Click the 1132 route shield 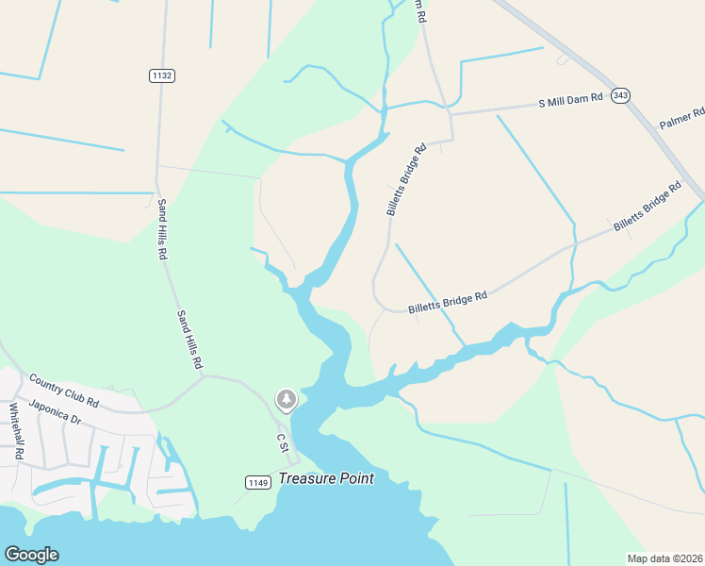162,75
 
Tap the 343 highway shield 619,95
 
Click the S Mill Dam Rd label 570,100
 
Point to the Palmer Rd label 681,118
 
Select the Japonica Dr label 56,412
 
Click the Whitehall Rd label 16,432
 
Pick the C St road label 280,441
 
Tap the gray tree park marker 286,400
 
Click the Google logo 31,555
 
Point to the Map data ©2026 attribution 664,558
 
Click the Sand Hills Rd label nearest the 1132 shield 162,229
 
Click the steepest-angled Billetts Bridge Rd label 407,180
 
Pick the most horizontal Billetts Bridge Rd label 448,303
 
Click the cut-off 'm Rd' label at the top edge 421,11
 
